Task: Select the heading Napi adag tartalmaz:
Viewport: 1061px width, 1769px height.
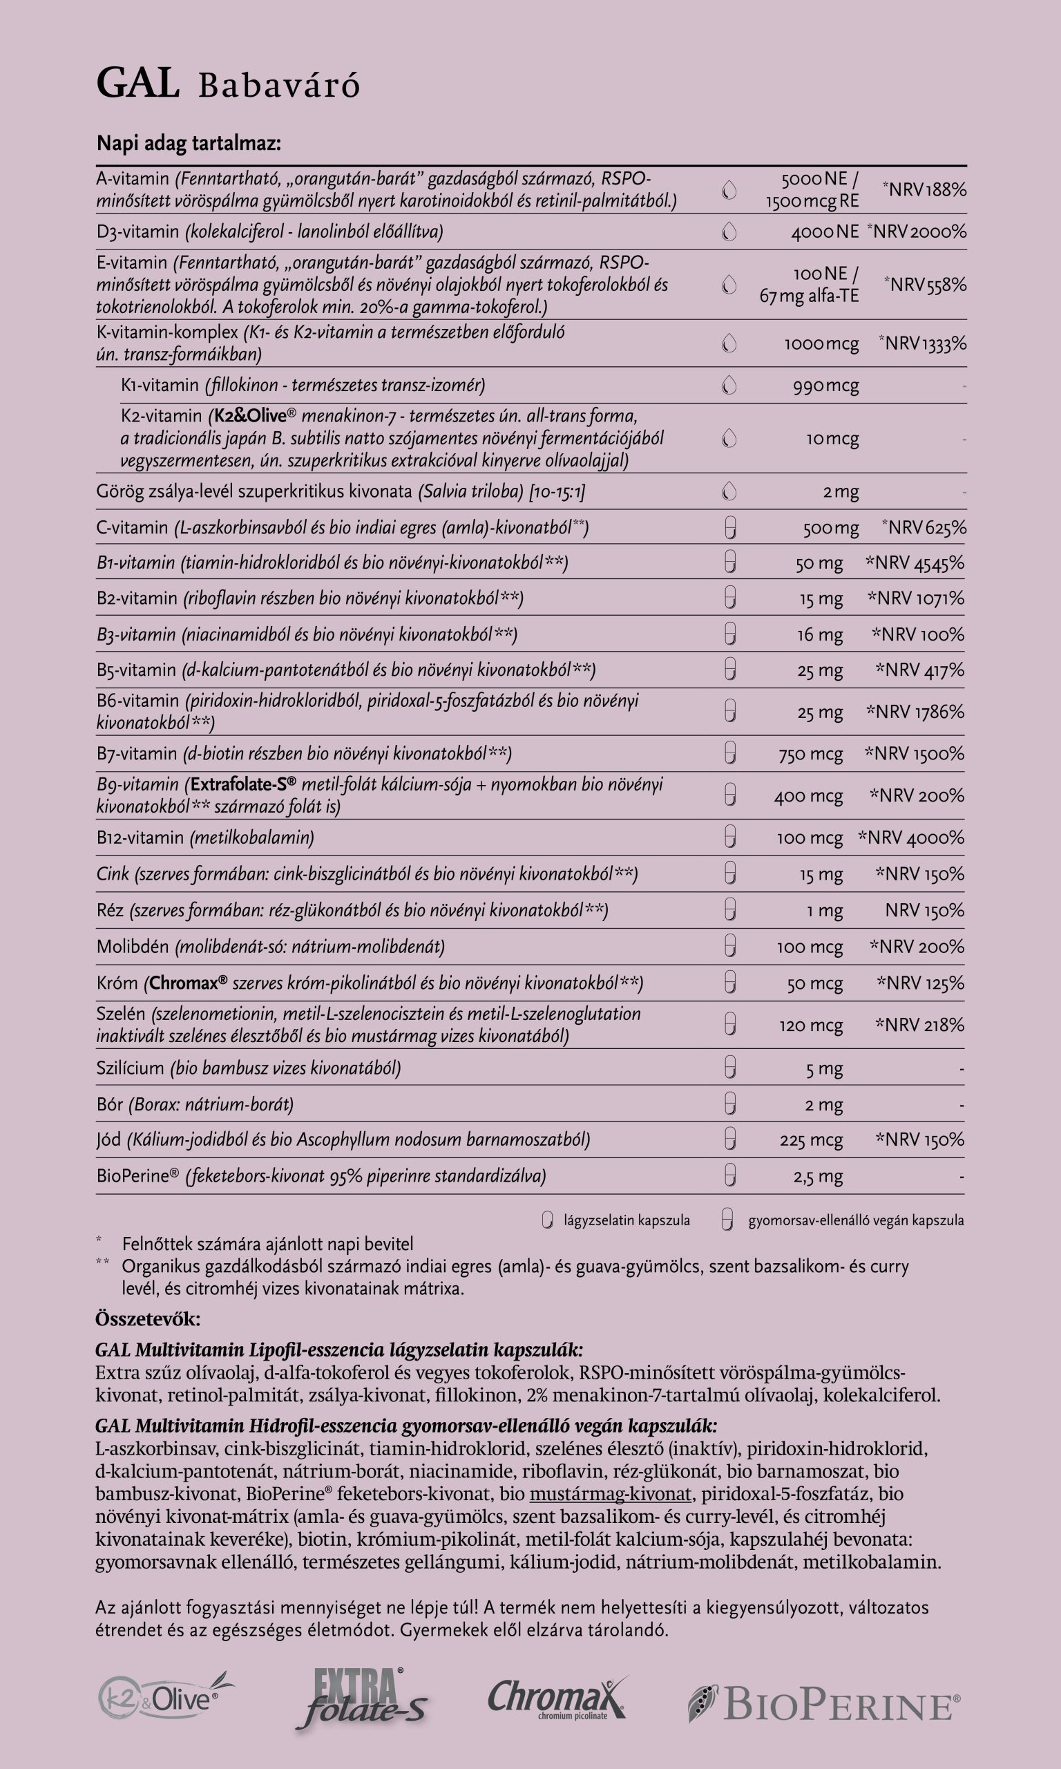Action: tap(189, 144)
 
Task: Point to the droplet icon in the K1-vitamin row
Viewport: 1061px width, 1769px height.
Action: tap(729, 386)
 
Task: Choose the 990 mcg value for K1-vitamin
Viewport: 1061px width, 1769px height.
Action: tap(825, 386)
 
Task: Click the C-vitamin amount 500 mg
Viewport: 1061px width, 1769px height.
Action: tap(830, 528)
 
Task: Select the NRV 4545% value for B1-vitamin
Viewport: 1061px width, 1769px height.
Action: tap(915, 562)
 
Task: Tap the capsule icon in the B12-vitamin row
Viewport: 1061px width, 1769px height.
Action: tap(729, 837)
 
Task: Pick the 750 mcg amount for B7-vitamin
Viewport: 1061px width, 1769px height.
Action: tap(811, 754)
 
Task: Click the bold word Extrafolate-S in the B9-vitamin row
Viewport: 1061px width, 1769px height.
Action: tap(243, 784)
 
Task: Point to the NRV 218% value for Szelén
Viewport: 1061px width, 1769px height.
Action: tap(919, 1025)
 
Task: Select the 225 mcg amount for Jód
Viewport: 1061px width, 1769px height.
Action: tap(812, 1139)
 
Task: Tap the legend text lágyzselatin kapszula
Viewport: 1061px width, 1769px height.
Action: tap(627, 1220)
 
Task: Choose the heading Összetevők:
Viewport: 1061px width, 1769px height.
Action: tap(148, 1319)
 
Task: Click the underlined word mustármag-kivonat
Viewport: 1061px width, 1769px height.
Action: tap(610, 1494)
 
